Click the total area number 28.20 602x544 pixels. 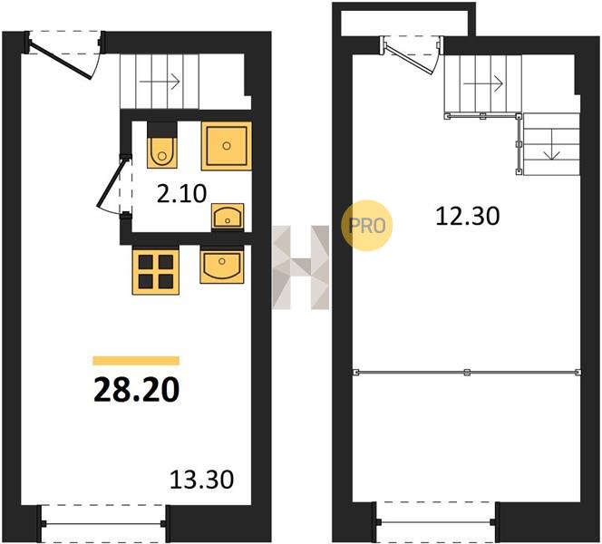(136, 389)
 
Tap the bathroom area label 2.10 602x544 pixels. (181, 193)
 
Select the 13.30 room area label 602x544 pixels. (201, 480)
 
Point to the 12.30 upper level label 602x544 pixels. (468, 216)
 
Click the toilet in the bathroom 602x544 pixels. (162, 145)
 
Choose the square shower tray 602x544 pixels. (227, 146)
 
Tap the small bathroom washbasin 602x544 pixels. (228, 218)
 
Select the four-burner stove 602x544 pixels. (156, 272)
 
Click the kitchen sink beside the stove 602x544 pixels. (222, 265)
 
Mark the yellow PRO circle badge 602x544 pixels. (367, 226)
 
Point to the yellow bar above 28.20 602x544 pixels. (136, 361)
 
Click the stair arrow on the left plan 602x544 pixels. (160, 82)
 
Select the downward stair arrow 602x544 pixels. (552, 144)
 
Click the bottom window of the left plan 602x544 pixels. (104, 523)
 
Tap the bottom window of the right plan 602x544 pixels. (436, 521)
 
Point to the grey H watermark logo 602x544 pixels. (301, 267)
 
